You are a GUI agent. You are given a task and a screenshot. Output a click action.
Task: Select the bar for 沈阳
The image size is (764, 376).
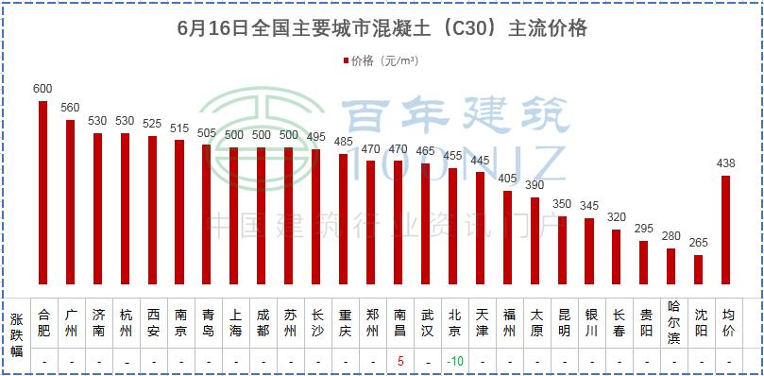click(699, 268)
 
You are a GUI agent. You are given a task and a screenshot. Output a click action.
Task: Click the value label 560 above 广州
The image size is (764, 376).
click(70, 108)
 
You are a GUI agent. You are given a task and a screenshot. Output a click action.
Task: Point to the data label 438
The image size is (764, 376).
click(726, 163)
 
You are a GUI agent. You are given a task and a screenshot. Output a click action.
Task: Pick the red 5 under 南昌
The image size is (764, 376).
click(399, 361)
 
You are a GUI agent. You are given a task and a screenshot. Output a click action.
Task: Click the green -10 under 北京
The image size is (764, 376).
click(454, 361)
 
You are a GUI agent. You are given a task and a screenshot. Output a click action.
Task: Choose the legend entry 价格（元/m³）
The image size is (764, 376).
click(382, 61)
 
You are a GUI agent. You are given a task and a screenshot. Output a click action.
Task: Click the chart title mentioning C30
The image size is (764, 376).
click(382, 28)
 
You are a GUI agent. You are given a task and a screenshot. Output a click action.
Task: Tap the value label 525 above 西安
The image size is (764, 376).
click(152, 124)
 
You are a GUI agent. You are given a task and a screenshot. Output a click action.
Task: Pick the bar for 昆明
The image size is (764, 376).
click(563, 249)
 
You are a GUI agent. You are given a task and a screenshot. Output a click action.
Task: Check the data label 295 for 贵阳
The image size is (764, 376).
click(644, 229)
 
